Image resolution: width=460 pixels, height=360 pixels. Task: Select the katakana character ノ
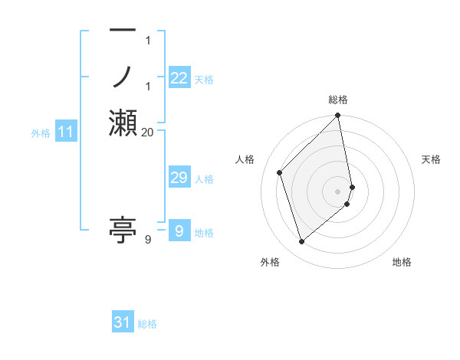(x=123, y=77)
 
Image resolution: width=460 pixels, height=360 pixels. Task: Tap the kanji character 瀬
(x=123, y=123)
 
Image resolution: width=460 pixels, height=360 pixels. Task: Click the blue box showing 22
(x=179, y=78)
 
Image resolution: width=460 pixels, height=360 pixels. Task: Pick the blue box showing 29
(x=179, y=178)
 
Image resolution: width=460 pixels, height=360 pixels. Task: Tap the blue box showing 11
(x=66, y=133)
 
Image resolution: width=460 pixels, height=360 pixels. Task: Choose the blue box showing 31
(x=123, y=322)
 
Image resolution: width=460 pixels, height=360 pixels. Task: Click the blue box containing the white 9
(x=179, y=231)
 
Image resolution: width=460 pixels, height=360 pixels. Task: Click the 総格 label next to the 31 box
(x=147, y=324)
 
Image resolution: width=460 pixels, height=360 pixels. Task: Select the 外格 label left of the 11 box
(x=41, y=133)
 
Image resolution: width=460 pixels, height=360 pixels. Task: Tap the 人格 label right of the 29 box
(x=204, y=179)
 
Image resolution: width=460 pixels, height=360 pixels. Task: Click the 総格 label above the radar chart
(x=338, y=100)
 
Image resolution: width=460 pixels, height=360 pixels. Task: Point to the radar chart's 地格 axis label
(x=402, y=262)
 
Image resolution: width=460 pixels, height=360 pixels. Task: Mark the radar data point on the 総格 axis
(x=338, y=116)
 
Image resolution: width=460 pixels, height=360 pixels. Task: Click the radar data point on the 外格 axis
(x=302, y=241)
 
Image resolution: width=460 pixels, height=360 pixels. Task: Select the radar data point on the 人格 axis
(x=280, y=172)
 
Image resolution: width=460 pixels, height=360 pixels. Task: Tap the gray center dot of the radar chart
(x=338, y=191)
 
